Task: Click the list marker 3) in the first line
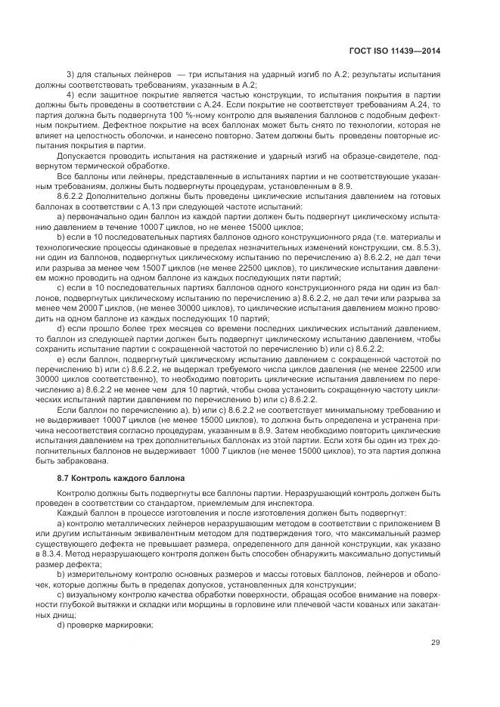[x=72, y=73]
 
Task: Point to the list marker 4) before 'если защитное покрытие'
[x=72, y=94]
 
